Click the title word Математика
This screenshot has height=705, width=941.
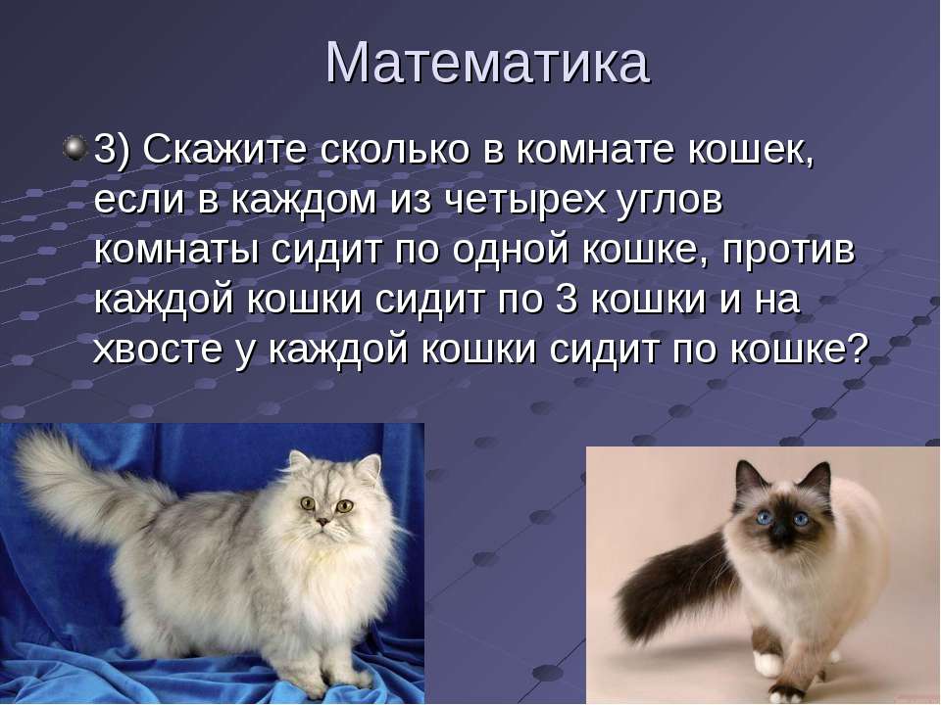click(x=487, y=63)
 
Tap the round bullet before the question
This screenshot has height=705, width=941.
click(x=75, y=148)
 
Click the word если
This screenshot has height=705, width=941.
click(x=138, y=201)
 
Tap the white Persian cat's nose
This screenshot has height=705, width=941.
click(x=322, y=521)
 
